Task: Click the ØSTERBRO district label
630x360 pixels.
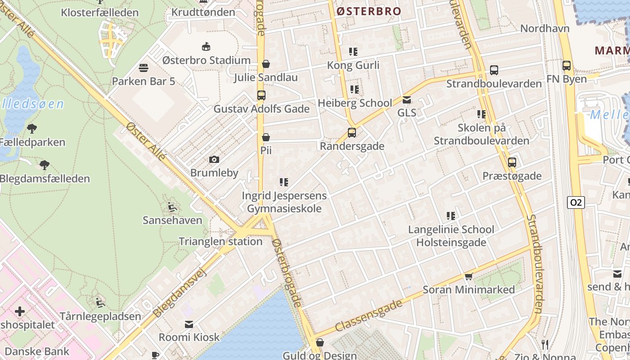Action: (369, 11)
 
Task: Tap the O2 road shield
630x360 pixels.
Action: (576, 202)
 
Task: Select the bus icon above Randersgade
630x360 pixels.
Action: (352, 133)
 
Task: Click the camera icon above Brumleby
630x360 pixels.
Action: (214, 159)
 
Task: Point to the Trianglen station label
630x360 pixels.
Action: (220, 241)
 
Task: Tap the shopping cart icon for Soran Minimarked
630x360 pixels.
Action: (468, 276)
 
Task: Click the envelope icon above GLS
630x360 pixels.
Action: (407, 100)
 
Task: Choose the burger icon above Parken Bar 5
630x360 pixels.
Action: (144, 68)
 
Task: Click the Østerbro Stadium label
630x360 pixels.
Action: (206, 60)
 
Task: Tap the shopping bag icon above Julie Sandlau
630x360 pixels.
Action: (266, 64)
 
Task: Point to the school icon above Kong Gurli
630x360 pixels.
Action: (353, 52)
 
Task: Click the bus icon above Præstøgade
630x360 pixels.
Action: (512, 162)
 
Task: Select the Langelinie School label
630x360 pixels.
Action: (451, 229)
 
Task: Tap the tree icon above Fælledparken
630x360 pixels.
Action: (32, 129)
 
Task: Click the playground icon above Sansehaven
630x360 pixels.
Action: (172, 207)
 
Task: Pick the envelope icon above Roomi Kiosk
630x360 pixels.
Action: (189, 324)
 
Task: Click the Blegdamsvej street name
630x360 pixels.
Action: (179, 292)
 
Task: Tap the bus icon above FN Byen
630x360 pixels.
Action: (567, 66)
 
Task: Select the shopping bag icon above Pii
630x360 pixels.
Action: (266, 137)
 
